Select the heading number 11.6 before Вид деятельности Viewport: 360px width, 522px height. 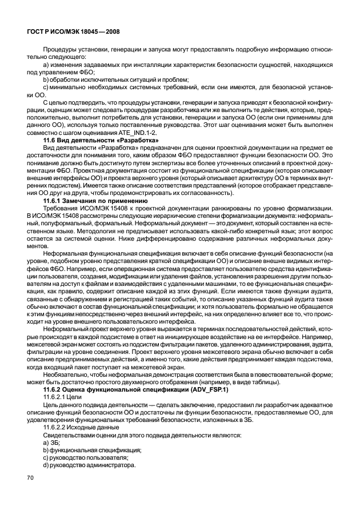pos(51,140)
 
